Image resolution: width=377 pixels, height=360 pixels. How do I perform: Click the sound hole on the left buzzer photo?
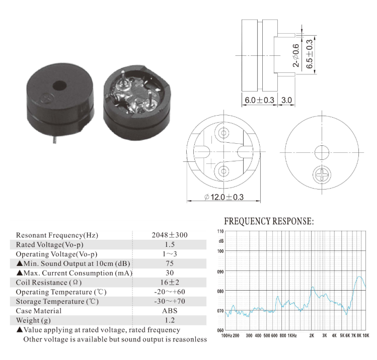[59, 86]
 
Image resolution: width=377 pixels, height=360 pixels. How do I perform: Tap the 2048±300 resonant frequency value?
[170, 235]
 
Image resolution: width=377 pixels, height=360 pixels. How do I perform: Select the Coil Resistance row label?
[48, 283]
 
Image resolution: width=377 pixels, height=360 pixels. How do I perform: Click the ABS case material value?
[170, 311]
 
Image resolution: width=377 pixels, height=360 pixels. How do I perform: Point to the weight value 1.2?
[170, 320]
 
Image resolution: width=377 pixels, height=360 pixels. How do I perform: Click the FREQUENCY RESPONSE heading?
[269, 221]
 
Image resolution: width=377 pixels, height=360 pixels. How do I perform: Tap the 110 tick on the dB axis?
[220, 231]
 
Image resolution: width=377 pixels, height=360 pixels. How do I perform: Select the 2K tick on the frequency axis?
[312, 335]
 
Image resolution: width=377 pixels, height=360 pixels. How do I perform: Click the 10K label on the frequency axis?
[366, 335]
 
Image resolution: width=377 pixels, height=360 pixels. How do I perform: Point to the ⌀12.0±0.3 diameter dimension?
[224, 197]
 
